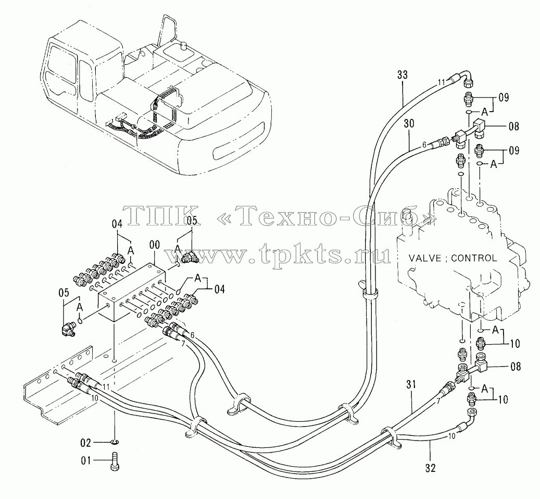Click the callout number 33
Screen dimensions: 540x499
(402, 75)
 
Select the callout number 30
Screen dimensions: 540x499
(409, 124)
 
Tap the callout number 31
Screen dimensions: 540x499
(411, 385)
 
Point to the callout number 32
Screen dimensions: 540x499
(431, 468)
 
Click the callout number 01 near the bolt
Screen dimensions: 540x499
(86, 460)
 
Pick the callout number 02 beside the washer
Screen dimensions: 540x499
(86, 443)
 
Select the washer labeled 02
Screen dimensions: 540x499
(115, 442)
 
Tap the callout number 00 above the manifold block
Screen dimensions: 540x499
(155, 245)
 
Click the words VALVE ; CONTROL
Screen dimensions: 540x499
(453, 258)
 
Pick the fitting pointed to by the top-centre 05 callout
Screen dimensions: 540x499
(189, 257)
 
